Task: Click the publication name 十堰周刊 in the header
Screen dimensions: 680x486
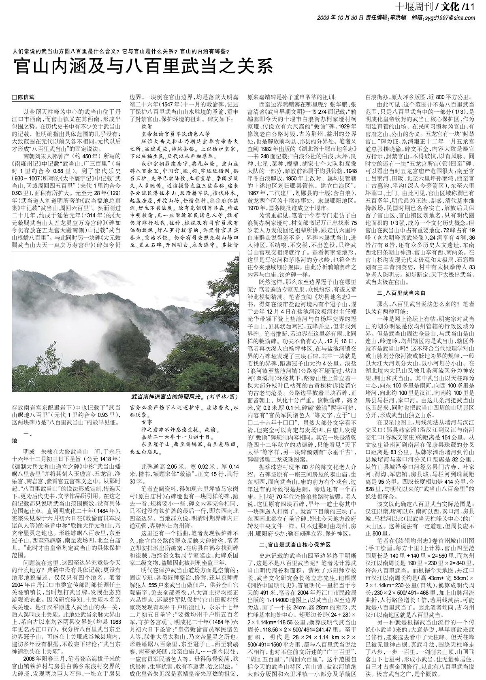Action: click(415, 7)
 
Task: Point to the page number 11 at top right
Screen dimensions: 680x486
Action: click(470, 7)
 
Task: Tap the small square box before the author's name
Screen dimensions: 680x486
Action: click(15, 98)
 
